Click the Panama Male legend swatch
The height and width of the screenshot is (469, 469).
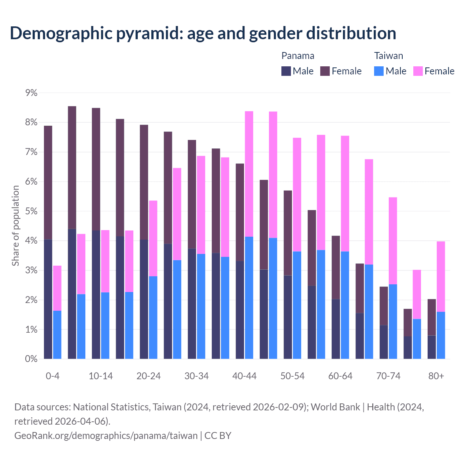pos(286,71)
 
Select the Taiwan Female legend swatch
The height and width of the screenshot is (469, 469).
pos(418,71)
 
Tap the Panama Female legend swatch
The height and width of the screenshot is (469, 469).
pos(325,71)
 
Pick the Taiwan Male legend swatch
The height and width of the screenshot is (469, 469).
pos(379,71)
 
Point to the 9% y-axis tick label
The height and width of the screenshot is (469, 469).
pos(32,93)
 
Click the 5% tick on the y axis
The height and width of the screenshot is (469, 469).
pos(32,211)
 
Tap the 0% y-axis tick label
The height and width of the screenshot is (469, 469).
pos(32,359)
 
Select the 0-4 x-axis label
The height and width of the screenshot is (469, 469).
pos(52,376)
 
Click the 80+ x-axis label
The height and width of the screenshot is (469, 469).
pos(436,376)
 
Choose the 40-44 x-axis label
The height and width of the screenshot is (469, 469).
pos(244,376)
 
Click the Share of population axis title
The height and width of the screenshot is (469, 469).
pos(15,225)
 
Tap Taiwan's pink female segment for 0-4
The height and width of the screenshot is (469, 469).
pos(57,288)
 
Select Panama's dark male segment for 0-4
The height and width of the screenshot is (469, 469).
pos(48,299)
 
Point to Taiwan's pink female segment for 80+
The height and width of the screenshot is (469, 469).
pos(441,277)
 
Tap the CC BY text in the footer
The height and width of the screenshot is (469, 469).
pos(218,435)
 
